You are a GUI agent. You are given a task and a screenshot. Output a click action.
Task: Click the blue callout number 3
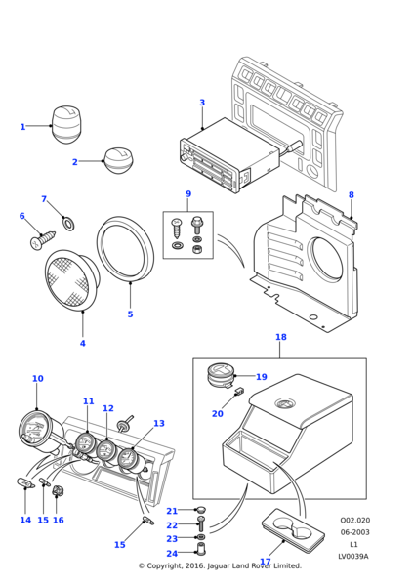click(x=202, y=103)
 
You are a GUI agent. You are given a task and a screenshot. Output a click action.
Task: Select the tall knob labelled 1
click(x=65, y=125)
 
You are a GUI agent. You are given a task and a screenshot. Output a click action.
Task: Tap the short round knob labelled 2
click(x=118, y=161)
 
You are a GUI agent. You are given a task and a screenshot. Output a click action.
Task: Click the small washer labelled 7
click(x=68, y=224)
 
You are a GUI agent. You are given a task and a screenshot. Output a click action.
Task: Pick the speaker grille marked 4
click(x=72, y=280)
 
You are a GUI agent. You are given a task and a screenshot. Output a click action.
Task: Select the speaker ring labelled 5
click(x=125, y=248)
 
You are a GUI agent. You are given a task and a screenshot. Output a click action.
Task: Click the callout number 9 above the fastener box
click(x=188, y=194)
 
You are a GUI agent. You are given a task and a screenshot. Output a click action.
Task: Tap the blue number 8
click(x=352, y=194)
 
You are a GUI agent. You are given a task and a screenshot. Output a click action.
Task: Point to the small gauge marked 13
click(x=130, y=458)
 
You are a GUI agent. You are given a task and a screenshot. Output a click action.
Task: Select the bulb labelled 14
click(x=25, y=483)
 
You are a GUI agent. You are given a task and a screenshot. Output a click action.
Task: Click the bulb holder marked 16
click(x=58, y=490)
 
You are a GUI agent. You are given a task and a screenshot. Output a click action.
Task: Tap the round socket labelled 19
click(x=220, y=375)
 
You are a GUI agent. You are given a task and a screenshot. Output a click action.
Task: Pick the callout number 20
click(x=217, y=414)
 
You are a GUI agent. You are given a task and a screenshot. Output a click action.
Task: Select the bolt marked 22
click(x=200, y=525)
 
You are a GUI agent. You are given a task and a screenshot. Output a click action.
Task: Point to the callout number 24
click(x=172, y=553)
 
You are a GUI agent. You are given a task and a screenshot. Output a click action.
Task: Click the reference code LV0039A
click(x=353, y=557)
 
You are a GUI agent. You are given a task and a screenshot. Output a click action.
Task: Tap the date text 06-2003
click(x=354, y=532)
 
